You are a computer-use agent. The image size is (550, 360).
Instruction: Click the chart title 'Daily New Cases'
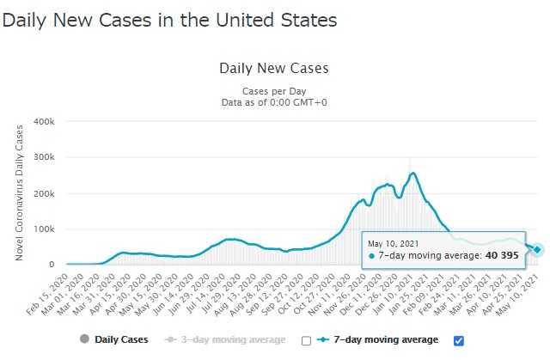(x=274, y=68)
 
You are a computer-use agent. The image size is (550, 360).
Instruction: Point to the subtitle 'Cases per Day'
(x=275, y=91)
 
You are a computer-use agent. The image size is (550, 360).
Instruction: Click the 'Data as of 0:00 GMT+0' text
(x=275, y=102)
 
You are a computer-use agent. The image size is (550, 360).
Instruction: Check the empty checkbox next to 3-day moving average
(x=306, y=340)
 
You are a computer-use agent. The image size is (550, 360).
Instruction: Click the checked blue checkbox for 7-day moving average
(x=457, y=339)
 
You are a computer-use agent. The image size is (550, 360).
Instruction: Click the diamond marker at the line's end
(x=537, y=249)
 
